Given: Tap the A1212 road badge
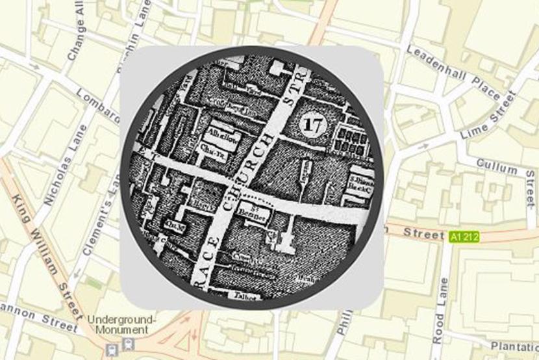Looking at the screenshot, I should (x=464, y=237).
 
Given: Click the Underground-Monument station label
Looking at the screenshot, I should (x=121, y=325).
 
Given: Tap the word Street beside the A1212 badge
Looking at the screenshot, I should (x=423, y=233).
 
